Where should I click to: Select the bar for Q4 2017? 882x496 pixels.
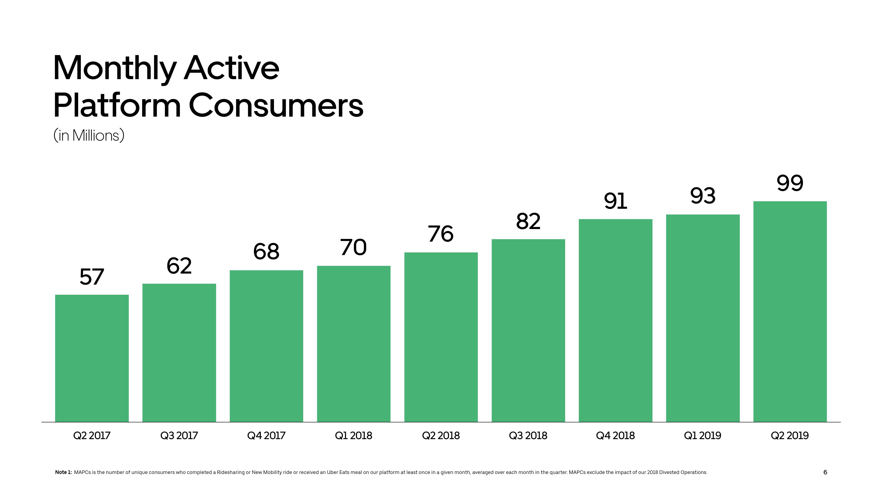coord(266,346)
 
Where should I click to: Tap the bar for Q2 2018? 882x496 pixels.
coord(441,337)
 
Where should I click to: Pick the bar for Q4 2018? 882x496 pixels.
coord(616,320)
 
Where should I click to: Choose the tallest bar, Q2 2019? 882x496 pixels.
coord(790,311)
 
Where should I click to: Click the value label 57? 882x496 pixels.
coord(92,277)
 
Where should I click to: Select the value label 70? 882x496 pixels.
coord(353,248)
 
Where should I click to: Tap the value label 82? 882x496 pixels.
coord(528,221)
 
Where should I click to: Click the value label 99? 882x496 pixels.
coord(790,183)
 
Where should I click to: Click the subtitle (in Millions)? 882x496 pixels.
coord(89,136)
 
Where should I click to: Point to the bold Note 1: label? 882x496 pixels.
coord(63,472)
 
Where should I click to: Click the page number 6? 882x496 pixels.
coord(825,472)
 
